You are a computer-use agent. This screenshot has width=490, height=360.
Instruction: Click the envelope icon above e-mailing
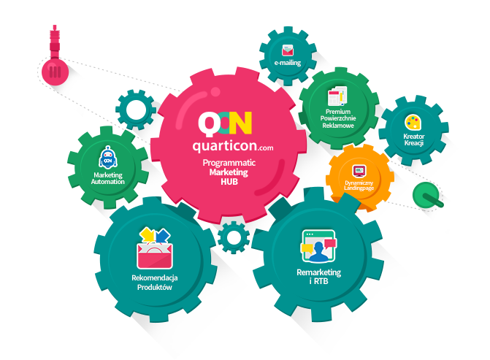[x=288, y=50]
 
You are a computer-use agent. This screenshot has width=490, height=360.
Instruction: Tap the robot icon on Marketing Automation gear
[x=108, y=158]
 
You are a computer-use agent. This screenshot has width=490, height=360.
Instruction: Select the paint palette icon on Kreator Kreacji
[x=413, y=123]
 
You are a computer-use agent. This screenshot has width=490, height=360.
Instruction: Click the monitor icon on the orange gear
[x=359, y=172]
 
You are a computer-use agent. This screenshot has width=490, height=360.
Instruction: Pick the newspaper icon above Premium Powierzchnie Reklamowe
[x=337, y=96]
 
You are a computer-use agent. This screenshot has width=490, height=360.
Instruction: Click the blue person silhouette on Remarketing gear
[x=318, y=251]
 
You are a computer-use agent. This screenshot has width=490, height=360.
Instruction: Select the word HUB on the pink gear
[x=229, y=182]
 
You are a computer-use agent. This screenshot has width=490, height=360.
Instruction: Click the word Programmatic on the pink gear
[x=229, y=163]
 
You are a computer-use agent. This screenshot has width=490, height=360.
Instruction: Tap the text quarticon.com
[x=233, y=146]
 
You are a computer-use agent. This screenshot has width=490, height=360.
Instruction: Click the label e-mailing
[x=288, y=63]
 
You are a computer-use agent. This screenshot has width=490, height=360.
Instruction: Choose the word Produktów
[x=155, y=287]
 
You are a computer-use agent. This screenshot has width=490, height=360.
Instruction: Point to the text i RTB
[x=318, y=281]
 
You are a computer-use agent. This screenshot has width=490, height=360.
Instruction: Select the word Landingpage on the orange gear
[x=359, y=188]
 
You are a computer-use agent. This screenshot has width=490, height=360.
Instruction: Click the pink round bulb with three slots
[x=55, y=72]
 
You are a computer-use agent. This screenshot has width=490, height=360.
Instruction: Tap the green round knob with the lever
[x=426, y=194]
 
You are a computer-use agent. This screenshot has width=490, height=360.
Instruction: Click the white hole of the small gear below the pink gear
[x=234, y=238]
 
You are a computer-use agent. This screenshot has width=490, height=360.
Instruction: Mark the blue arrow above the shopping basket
[x=163, y=236]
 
